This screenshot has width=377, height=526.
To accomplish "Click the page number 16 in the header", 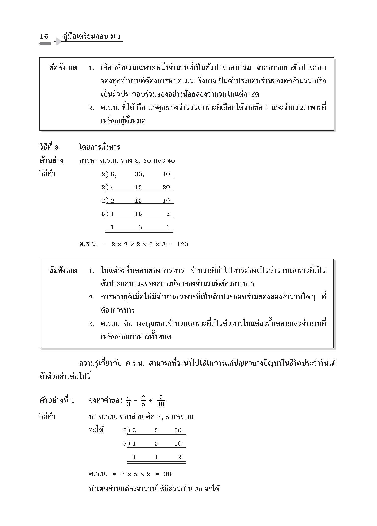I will pyautogui.click(x=44, y=36).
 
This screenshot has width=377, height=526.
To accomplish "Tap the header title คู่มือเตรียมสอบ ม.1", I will pyautogui.click(x=92, y=37).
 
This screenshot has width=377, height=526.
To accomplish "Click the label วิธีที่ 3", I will pyautogui.click(x=49, y=147).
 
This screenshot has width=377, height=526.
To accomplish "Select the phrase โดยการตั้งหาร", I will pyautogui.click(x=100, y=147).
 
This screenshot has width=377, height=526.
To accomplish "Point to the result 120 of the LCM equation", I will pyautogui.click(x=182, y=244).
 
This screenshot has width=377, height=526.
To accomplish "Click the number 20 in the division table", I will pyautogui.click(x=166, y=187).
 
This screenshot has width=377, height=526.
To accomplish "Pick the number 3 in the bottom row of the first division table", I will pyautogui.click(x=140, y=227).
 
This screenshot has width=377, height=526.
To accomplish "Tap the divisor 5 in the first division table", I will pyautogui.click(x=103, y=214).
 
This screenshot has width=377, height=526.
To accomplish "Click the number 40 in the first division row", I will pyautogui.click(x=166, y=174).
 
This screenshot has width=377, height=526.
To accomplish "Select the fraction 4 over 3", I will pyautogui.click(x=128, y=401).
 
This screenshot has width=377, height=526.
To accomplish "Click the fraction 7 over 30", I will pyautogui.click(x=160, y=401).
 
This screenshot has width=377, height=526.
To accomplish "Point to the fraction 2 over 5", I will pyautogui.click(x=143, y=401).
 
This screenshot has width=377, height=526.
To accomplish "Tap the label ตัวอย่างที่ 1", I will pyautogui.click(x=57, y=400).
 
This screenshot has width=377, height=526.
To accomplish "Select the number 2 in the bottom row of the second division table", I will pyautogui.click(x=180, y=457).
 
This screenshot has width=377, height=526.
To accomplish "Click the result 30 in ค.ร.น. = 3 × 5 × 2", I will pyautogui.click(x=167, y=474).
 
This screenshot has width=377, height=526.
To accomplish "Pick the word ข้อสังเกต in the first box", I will pyautogui.click(x=63, y=68).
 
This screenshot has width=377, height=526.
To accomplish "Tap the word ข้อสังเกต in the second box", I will pyautogui.click(x=63, y=271).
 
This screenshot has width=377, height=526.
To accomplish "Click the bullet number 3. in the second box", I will pyautogui.click(x=92, y=324).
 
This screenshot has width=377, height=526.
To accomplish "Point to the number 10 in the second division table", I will pyautogui.click(x=178, y=444).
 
